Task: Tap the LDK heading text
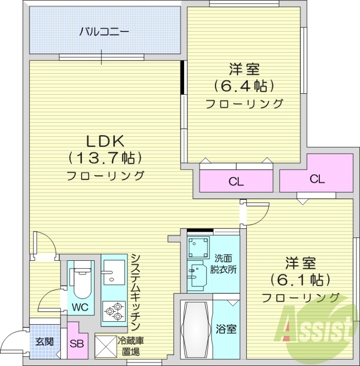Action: point(107,140)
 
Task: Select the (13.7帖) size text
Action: point(106,158)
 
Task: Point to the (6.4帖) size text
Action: point(244,86)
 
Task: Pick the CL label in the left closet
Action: point(236,182)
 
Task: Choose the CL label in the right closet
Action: point(316,179)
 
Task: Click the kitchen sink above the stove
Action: point(113,273)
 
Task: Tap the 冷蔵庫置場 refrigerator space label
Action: point(131,346)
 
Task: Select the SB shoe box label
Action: point(77,343)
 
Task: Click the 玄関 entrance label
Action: point(45,341)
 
